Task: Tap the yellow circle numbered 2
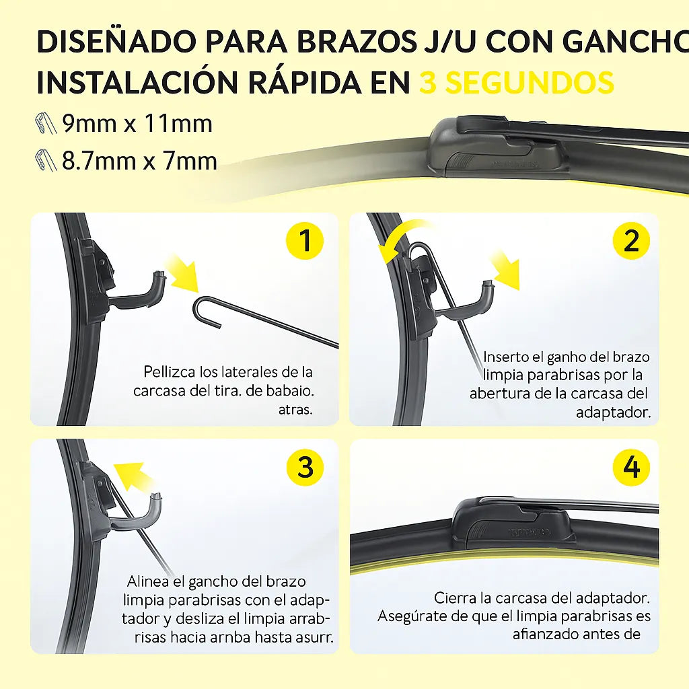(x=631, y=240)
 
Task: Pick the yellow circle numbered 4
(x=631, y=466)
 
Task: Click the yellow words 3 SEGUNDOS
(x=517, y=82)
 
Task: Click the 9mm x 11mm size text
(x=137, y=124)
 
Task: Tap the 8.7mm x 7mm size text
(x=139, y=161)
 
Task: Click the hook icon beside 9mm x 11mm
(x=46, y=124)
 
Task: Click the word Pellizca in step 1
(x=169, y=372)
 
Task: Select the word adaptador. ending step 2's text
(x=613, y=412)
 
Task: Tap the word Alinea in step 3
(x=149, y=581)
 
